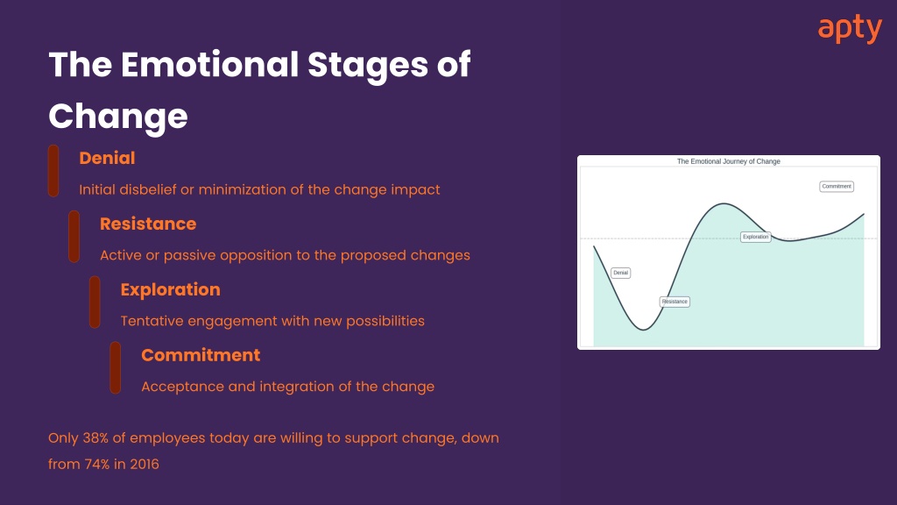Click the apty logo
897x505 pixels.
pyautogui.click(x=850, y=29)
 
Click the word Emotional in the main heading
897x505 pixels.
pyautogui.click(x=209, y=64)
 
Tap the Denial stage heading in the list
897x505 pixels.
pyautogui.click(x=107, y=158)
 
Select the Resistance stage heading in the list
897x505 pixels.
pyautogui.click(x=148, y=224)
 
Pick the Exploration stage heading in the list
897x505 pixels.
pyautogui.click(x=171, y=289)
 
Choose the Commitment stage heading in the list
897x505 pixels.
pyautogui.click(x=201, y=355)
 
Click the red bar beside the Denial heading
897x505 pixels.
pyautogui.click(x=53, y=171)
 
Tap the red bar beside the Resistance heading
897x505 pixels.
pyautogui.click(x=74, y=237)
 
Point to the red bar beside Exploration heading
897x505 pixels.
pyautogui.click(x=95, y=302)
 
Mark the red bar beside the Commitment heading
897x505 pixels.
pyautogui.click(x=116, y=367)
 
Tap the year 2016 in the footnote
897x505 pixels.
pyautogui.click(x=145, y=465)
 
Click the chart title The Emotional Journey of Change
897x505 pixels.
pyautogui.click(x=728, y=161)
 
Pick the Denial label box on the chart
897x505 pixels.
pyautogui.click(x=621, y=274)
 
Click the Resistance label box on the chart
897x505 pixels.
pyautogui.click(x=675, y=302)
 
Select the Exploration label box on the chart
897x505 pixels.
pyautogui.click(x=756, y=237)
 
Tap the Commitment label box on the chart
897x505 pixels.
pyautogui.click(x=837, y=187)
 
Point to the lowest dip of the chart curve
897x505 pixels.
pyautogui.click(x=644, y=330)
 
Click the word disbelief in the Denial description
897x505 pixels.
pyautogui.click(x=147, y=189)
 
